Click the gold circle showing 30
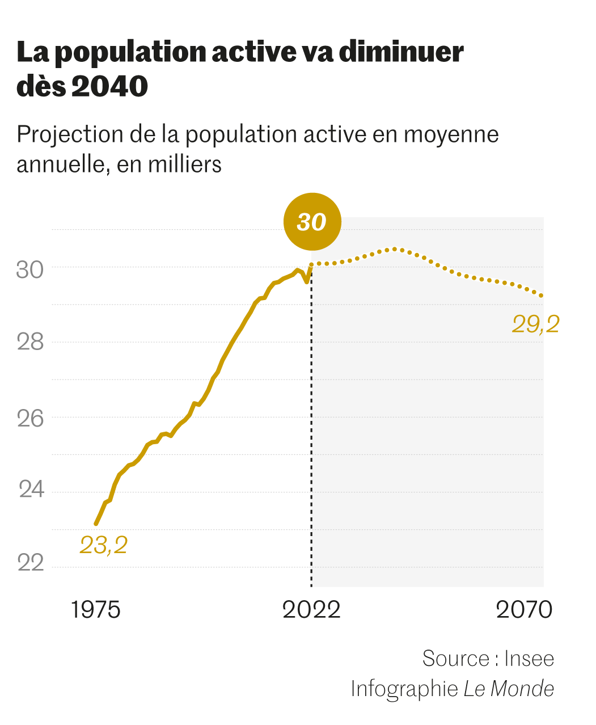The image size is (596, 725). point(312,222)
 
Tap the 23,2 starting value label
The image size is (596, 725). point(103,545)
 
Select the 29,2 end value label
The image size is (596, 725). point(535,324)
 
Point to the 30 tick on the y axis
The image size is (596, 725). point(30,270)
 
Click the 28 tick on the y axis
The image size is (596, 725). point(30,343)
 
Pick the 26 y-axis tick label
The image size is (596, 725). point(30,419)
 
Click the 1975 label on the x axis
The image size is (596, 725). point(95,610)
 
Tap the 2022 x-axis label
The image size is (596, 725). point(311,610)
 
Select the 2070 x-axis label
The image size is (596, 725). point(524,610)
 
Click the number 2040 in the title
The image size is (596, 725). point(110,87)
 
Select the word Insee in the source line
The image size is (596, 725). point(529,659)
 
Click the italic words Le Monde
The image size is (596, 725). point(509,688)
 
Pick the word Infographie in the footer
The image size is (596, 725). point(404,688)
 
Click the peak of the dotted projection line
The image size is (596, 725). point(395,248)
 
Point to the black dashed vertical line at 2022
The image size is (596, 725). point(311,425)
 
